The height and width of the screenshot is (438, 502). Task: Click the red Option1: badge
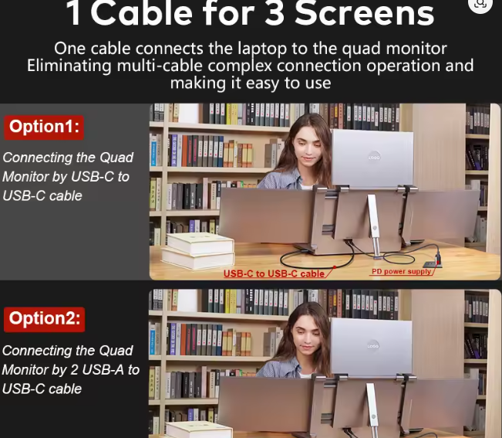(x=44, y=127)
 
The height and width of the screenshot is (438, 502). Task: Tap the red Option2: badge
(x=44, y=319)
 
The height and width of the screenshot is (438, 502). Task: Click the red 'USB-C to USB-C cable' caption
(x=274, y=273)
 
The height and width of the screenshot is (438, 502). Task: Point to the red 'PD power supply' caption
(x=401, y=272)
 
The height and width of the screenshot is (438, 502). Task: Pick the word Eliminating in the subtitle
(x=69, y=66)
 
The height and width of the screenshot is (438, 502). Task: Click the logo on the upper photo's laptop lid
(x=374, y=157)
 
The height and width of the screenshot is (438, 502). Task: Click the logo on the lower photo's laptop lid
(x=373, y=345)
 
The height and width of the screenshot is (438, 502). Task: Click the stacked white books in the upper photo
(x=198, y=251)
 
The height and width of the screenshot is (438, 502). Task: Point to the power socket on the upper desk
(x=432, y=264)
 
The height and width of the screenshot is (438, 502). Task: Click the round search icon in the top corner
(x=480, y=4)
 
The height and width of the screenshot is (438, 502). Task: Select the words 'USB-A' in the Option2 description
(x=103, y=370)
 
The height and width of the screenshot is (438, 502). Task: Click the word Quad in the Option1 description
(x=116, y=158)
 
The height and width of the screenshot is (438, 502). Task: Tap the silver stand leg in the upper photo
(x=374, y=225)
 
